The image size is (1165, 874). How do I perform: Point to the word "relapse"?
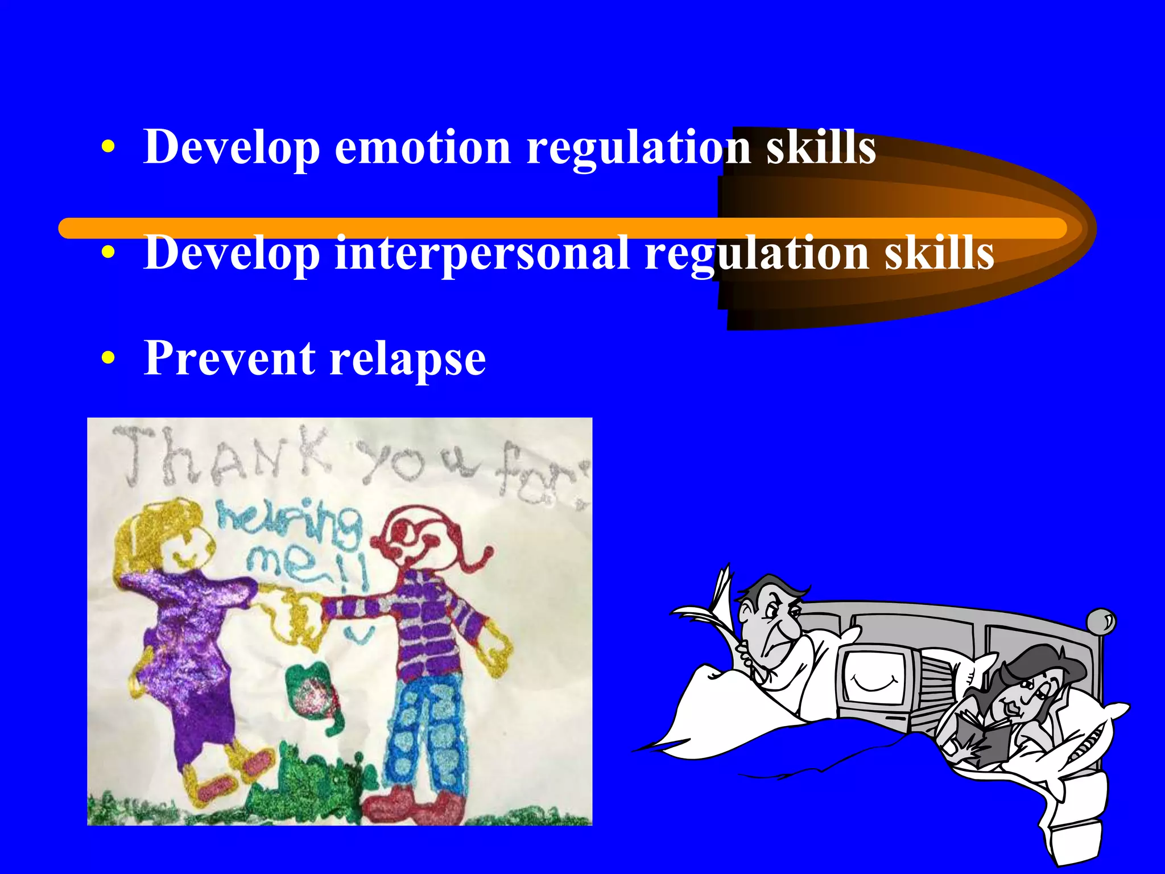point(408,360)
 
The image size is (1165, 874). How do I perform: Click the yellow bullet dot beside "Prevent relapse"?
point(108,358)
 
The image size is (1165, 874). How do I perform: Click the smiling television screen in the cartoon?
point(874,677)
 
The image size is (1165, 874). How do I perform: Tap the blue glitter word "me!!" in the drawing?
point(307,563)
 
